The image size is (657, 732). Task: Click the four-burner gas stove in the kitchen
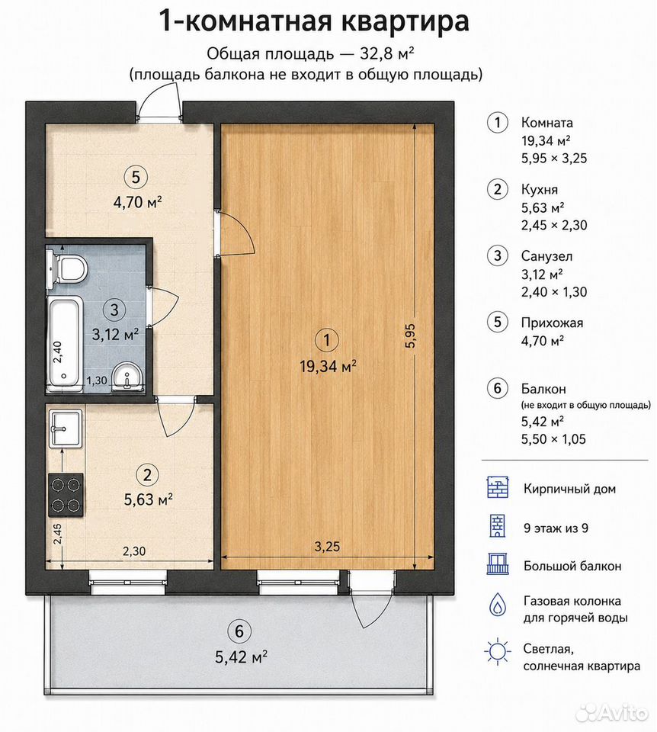pyautogui.click(x=66, y=494)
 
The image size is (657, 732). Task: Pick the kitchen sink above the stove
pyautogui.click(x=65, y=428)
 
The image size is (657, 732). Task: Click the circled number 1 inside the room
pyautogui.click(x=327, y=340)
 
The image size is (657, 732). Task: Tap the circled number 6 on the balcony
pyautogui.click(x=239, y=631)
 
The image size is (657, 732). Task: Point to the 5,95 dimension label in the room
pyautogui.click(x=411, y=336)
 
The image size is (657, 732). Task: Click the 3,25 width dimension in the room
pyautogui.click(x=327, y=546)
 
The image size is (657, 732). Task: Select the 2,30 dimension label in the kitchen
pyautogui.click(x=134, y=551)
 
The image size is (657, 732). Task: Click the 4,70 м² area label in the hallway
pyautogui.click(x=138, y=203)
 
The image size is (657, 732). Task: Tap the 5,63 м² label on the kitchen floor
pyautogui.click(x=149, y=499)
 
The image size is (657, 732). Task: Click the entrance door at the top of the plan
pyautogui.click(x=159, y=104)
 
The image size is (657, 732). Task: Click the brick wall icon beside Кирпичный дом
pyautogui.click(x=498, y=488)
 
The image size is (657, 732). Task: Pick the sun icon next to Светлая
pyautogui.click(x=498, y=650)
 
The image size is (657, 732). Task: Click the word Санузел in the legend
pyautogui.click(x=546, y=256)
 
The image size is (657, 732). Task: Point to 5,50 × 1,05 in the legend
pyautogui.click(x=553, y=439)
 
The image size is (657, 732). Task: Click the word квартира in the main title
pyautogui.click(x=406, y=22)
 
